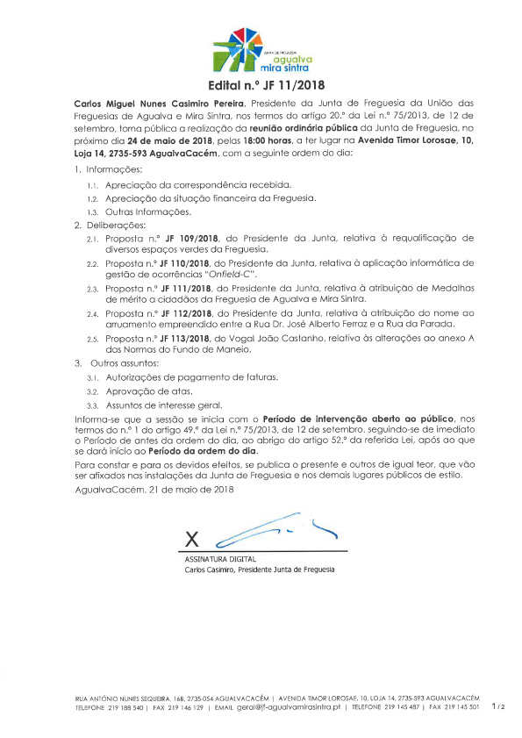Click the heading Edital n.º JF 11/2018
261,86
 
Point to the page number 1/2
497,706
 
